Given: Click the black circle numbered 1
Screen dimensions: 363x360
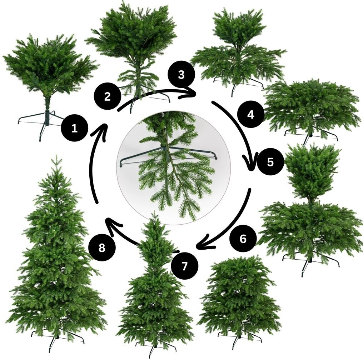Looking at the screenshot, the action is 74,128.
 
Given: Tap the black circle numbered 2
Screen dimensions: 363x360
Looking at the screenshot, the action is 108,97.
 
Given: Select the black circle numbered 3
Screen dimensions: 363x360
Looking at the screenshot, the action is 181,75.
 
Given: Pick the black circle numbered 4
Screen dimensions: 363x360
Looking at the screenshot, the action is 251,115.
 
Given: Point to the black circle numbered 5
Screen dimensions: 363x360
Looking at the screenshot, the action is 270,162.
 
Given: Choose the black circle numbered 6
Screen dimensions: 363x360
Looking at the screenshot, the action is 243,239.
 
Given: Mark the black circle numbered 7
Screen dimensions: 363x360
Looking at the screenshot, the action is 184,266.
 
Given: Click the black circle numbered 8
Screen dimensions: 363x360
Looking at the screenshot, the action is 102,248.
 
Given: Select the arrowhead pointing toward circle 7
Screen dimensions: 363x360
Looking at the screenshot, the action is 205,243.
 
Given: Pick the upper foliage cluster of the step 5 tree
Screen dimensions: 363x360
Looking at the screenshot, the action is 312,171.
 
